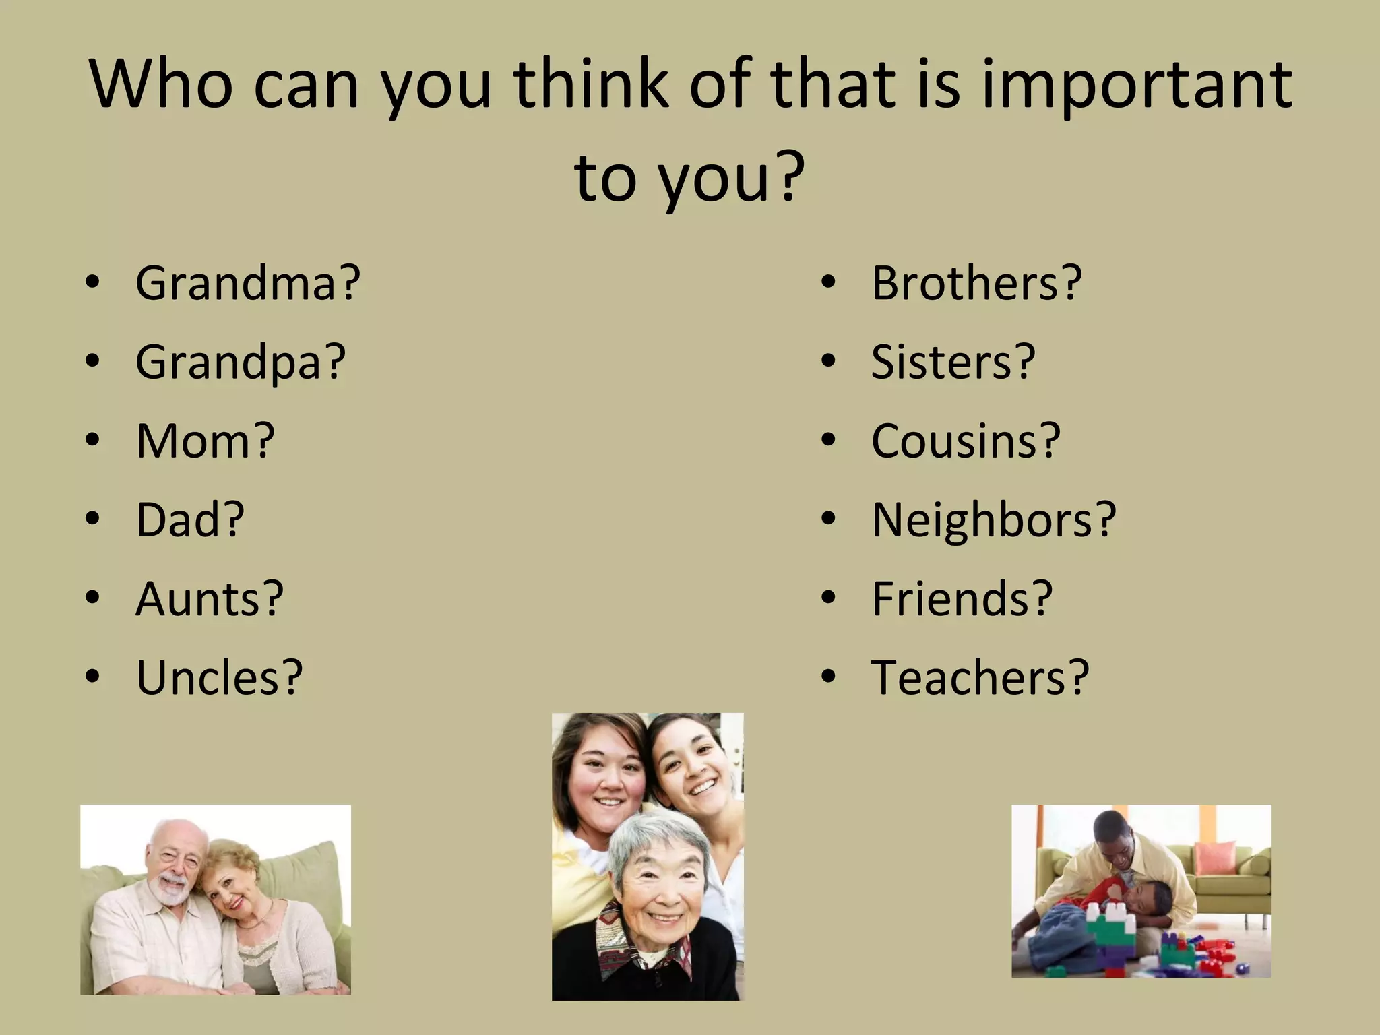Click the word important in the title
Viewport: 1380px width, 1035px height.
(1136, 86)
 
